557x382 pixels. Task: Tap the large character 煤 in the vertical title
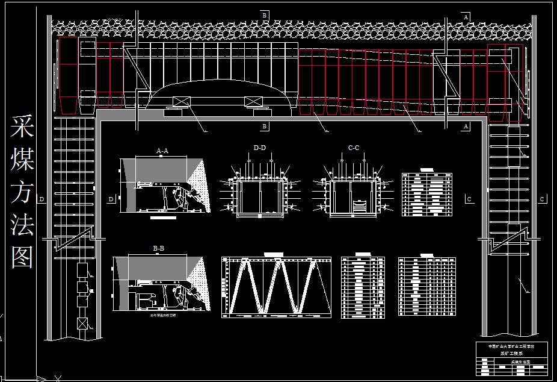point(22,160)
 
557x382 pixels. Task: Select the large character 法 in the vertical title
point(22,225)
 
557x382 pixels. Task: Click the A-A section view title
point(162,151)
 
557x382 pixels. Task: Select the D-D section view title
point(260,148)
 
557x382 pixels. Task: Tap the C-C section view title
point(354,148)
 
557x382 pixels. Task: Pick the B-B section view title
point(159,248)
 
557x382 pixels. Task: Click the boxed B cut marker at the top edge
point(264,14)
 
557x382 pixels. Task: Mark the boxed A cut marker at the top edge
point(466,17)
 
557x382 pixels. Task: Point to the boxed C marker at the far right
point(543,199)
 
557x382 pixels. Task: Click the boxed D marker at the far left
point(42,199)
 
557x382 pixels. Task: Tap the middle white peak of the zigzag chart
point(278,260)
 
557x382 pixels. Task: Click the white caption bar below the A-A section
point(163,218)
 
